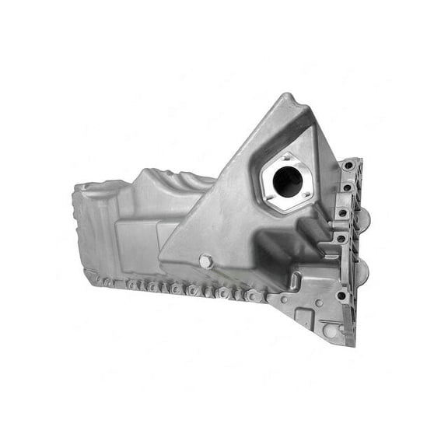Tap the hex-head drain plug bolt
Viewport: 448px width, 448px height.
(205, 262)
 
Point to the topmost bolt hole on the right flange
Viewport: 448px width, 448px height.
(346, 166)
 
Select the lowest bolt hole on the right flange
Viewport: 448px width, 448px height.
(341, 296)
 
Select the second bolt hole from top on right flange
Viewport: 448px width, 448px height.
(345, 188)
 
